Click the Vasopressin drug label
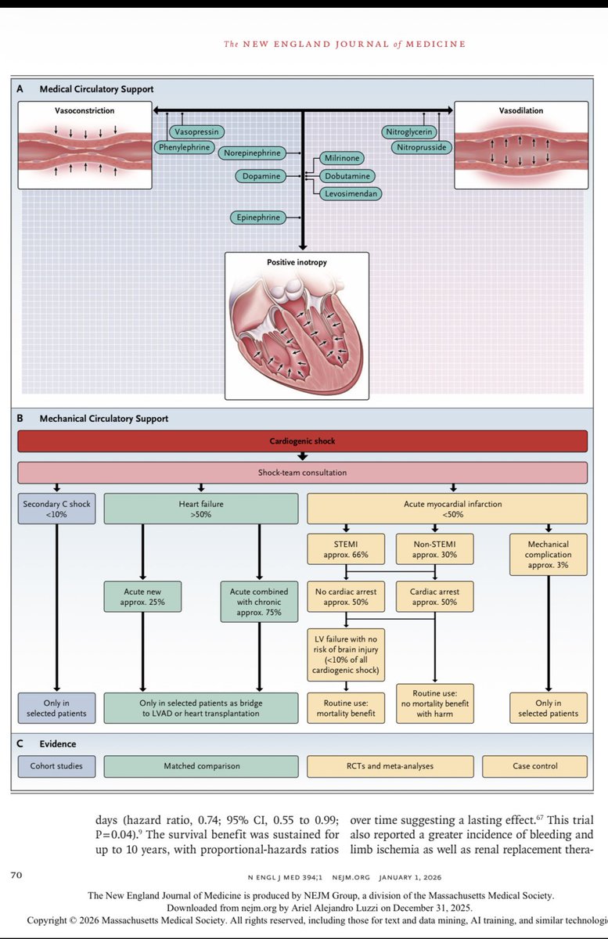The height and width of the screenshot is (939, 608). click(x=196, y=132)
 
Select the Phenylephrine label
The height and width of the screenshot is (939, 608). click(x=185, y=146)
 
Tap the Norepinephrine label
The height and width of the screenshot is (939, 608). click(x=250, y=153)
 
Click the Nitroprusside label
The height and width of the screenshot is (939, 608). click(x=423, y=146)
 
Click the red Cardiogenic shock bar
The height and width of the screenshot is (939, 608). click(x=302, y=441)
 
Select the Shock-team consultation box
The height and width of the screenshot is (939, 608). click(x=302, y=473)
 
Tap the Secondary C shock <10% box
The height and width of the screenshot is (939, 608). click(x=56, y=509)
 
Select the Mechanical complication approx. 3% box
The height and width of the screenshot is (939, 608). click(x=548, y=554)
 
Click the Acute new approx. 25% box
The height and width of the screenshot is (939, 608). click(x=142, y=597)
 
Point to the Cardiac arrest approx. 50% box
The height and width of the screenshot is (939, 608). click(x=434, y=597)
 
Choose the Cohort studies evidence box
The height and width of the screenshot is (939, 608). click(x=56, y=766)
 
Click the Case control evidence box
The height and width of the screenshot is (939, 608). click(x=534, y=766)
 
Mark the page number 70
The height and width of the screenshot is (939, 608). click(x=16, y=875)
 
